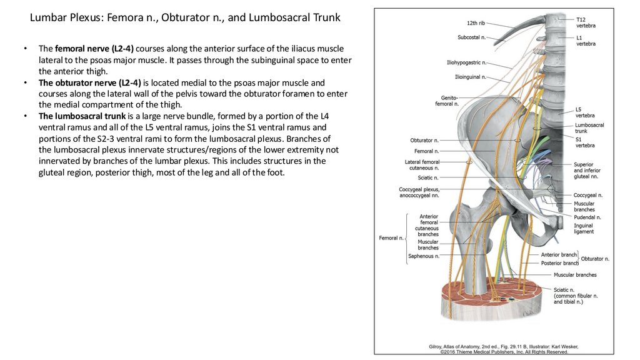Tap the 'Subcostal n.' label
(471, 37)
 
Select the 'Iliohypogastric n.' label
(465, 63)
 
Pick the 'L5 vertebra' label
(585, 112)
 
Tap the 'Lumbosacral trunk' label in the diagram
(589, 128)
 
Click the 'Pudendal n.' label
(587, 217)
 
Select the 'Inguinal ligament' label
(584, 228)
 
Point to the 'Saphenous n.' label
(423, 256)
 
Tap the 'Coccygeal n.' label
(587, 195)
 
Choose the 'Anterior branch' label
(559, 255)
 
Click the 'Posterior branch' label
(559, 263)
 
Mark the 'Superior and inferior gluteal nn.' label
(588, 171)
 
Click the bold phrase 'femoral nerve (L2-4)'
(94, 49)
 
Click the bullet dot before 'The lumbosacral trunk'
(25, 116)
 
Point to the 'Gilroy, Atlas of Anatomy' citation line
(503, 346)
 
